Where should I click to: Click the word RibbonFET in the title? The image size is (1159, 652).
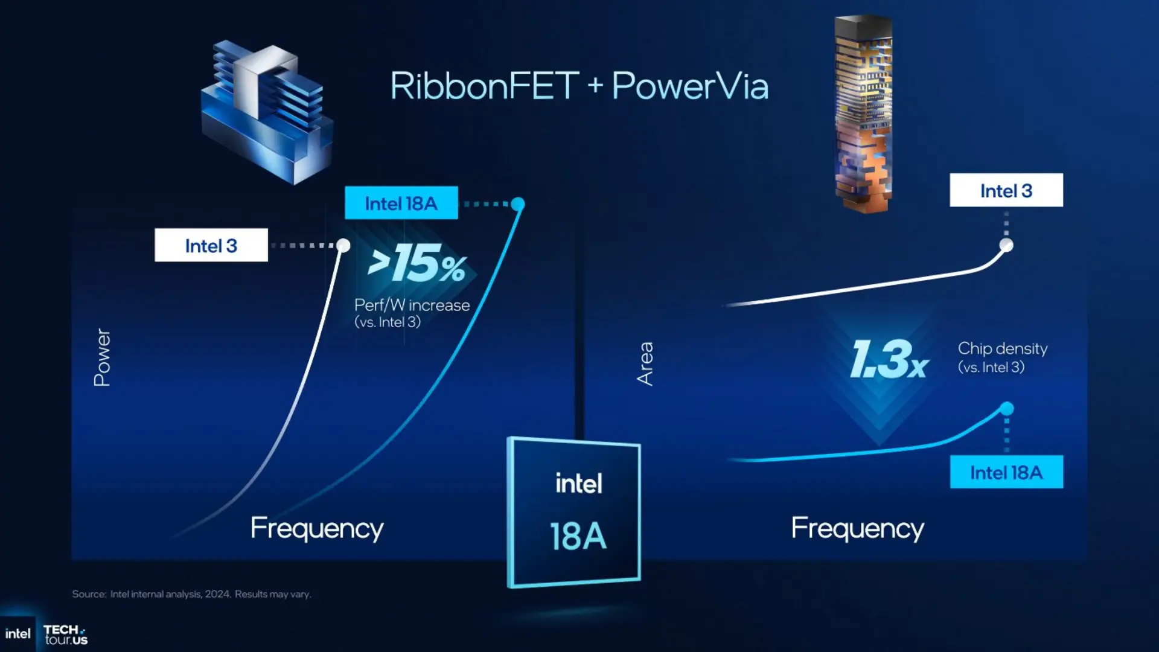point(485,86)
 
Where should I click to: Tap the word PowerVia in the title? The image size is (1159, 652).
point(690,86)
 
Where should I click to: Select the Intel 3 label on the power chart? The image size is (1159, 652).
point(211,245)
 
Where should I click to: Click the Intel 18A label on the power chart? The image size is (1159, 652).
point(401,203)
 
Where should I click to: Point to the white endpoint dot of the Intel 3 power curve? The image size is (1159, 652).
point(343,245)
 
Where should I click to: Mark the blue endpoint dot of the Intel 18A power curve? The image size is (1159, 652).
point(517,204)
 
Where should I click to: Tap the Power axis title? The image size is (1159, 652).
point(102,357)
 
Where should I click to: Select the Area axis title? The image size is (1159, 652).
point(645,363)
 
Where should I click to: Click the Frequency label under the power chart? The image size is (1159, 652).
point(317,528)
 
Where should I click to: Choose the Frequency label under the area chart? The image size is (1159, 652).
point(857,528)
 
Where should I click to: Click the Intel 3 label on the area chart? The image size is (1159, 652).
point(1006,190)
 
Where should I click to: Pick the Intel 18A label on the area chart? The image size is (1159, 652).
point(1006,472)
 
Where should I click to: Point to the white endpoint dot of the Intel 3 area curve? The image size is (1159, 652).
point(1006,245)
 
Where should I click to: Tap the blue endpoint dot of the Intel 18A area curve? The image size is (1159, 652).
point(1006,409)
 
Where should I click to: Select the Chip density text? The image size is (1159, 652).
point(1003,348)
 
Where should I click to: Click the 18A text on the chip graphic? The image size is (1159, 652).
point(578,537)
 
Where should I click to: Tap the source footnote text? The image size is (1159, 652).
point(191,594)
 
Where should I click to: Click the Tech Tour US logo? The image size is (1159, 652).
point(66,634)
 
